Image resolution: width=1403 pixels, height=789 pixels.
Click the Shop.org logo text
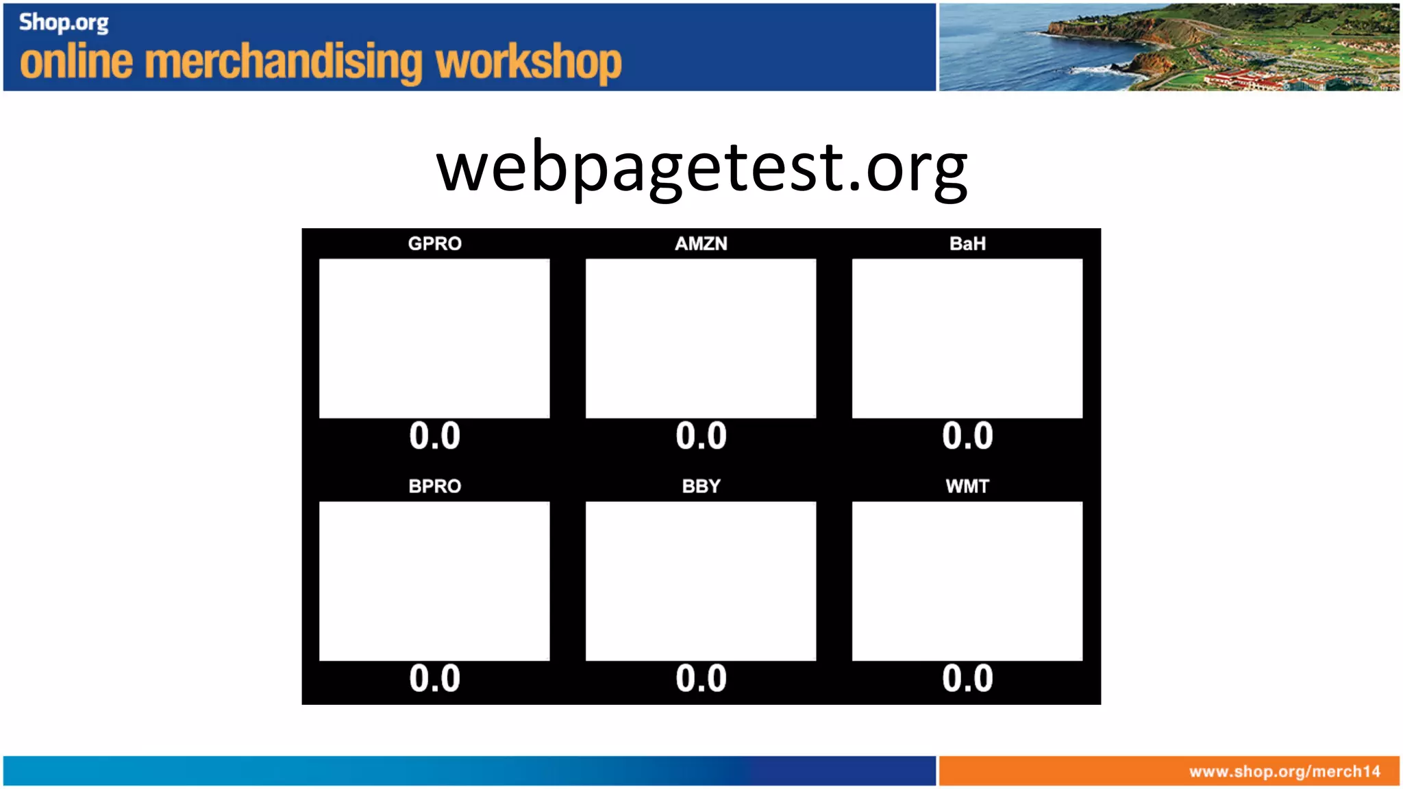pyautogui.click(x=64, y=23)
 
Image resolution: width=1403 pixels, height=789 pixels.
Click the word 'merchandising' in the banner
pyautogui.click(x=285, y=62)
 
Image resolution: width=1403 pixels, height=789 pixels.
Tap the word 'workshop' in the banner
pyautogui.click(x=529, y=62)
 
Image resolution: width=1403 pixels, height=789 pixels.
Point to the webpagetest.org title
pyautogui.click(x=701, y=168)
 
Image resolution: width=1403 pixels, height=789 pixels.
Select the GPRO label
pyautogui.click(x=434, y=244)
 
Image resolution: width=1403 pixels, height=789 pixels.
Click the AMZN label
pyautogui.click(x=701, y=244)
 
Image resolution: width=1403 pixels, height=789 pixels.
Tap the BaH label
pyautogui.click(x=967, y=244)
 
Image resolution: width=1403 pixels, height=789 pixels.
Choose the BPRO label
pyautogui.click(x=434, y=486)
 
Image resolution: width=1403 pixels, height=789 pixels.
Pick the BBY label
pyautogui.click(x=701, y=486)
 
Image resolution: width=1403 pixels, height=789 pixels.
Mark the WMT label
pyautogui.click(x=967, y=486)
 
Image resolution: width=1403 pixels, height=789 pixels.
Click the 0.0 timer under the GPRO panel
pyautogui.click(x=434, y=436)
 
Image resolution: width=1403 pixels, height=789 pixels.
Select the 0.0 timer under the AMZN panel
pyautogui.click(x=701, y=436)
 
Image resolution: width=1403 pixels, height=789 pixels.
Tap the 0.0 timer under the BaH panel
pyautogui.click(x=967, y=436)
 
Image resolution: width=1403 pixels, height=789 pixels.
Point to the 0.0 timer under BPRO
pyautogui.click(x=434, y=679)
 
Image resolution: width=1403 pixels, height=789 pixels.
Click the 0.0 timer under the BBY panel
pyautogui.click(x=701, y=679)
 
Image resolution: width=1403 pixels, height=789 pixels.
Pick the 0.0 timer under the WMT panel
pyautogui.click(x=967, y=679)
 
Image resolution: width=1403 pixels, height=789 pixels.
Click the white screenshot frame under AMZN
pyautogui.click(x=701, y=338)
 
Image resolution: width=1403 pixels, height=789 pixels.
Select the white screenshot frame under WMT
pyautogui.click(x=967, y=581)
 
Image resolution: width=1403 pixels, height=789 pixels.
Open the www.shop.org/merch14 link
pyautogui.click(x=1284, y=772)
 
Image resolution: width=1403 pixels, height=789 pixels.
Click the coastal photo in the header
pyautogui.click(x=1169, y=47)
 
